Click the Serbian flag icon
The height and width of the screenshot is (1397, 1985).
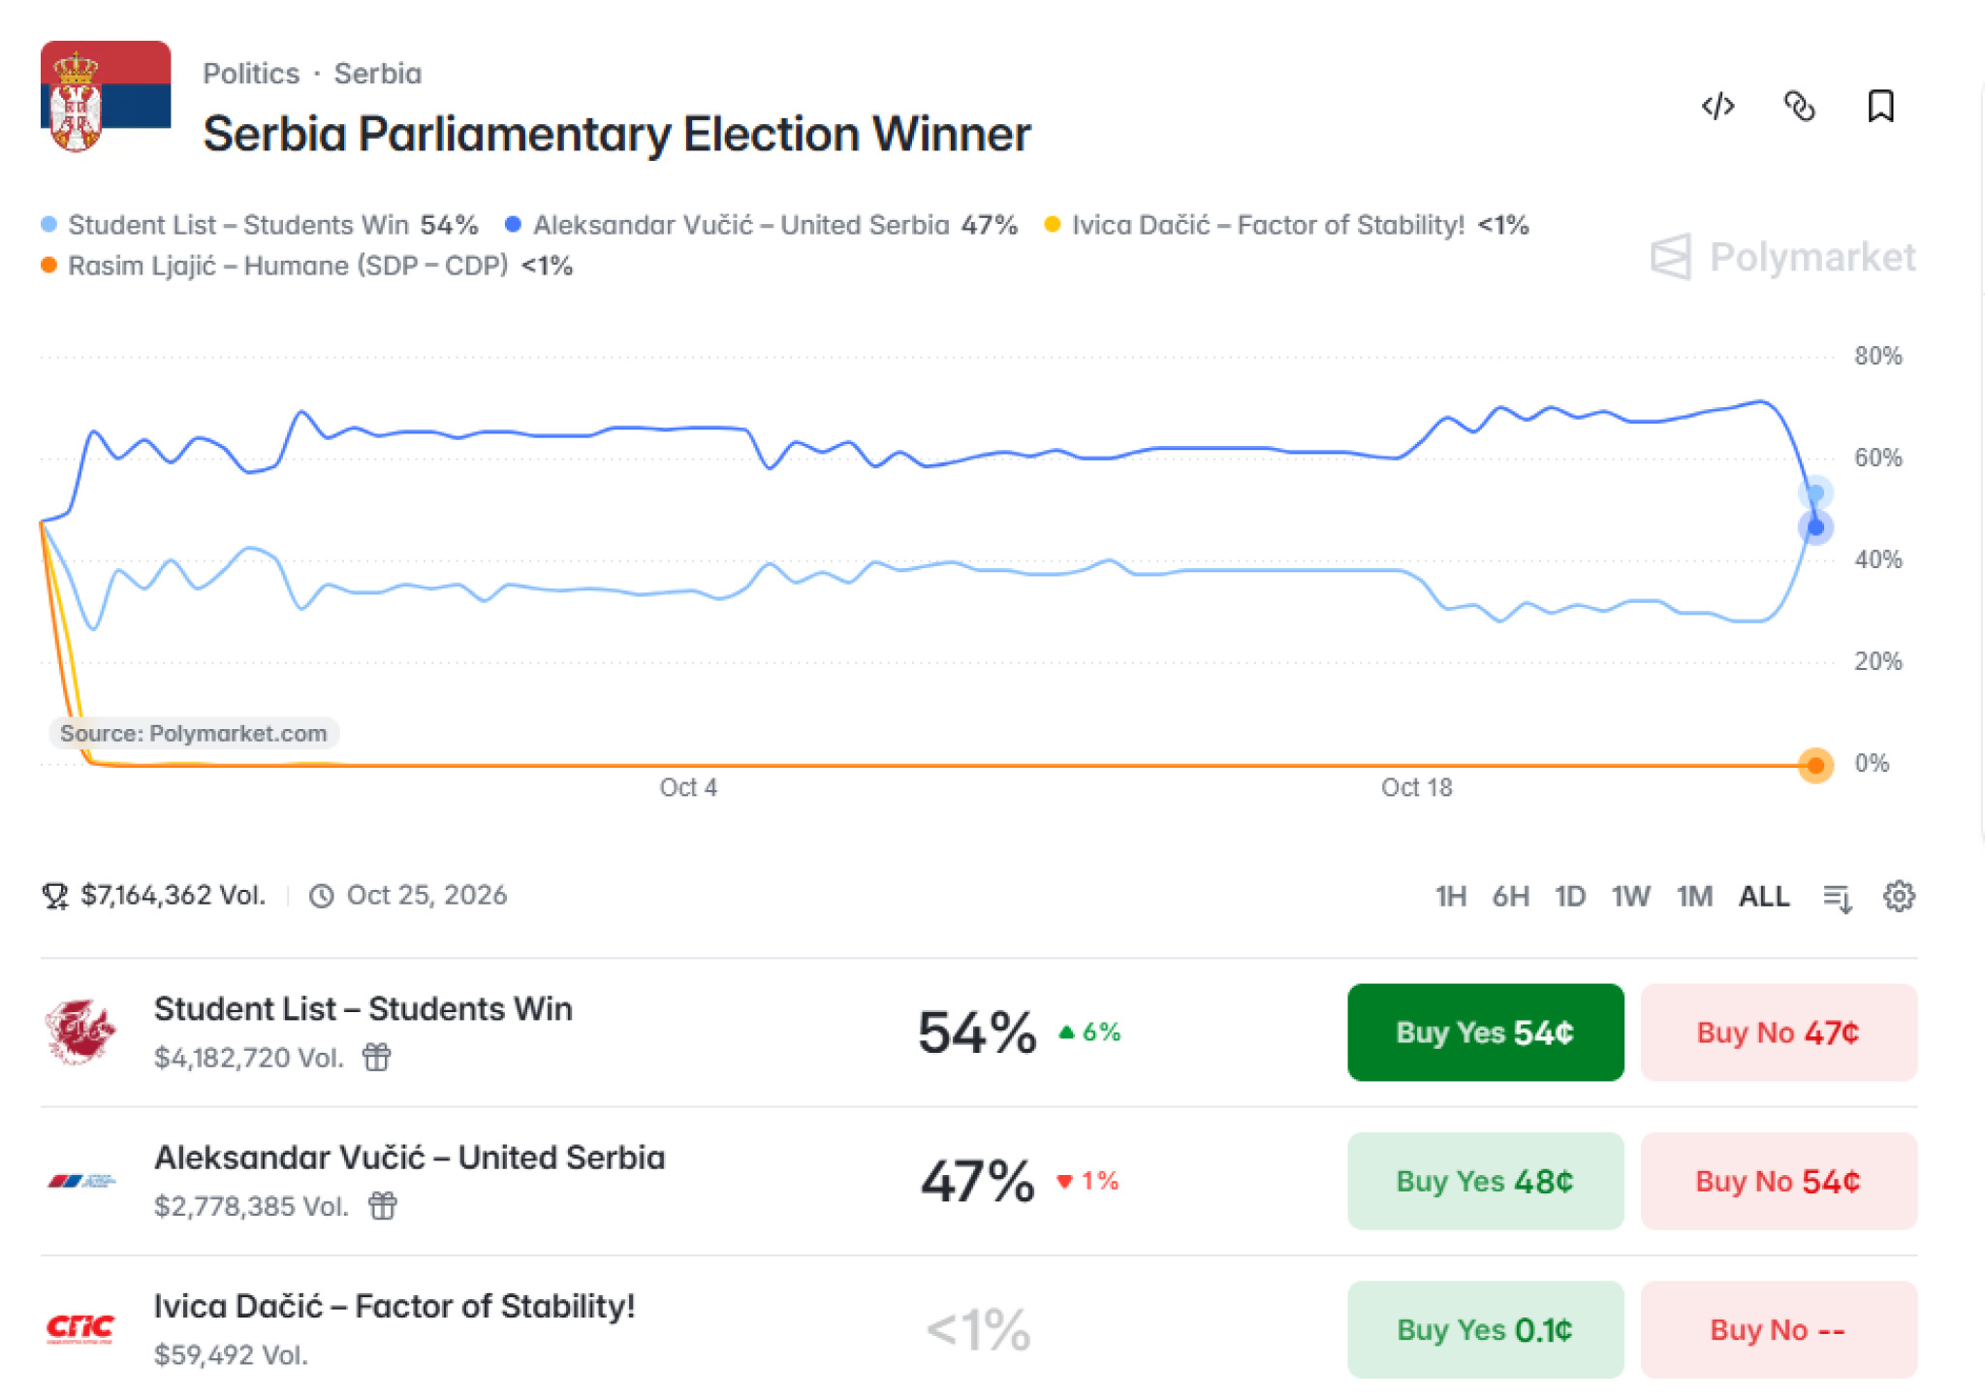click(106, 97)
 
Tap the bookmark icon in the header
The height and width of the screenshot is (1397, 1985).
click(1880, 106)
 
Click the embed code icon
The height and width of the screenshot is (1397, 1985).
click(1717, 106)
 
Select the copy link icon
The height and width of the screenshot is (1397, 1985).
click(1799, 106)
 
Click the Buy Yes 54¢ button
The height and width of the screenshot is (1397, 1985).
click(1485, 1032)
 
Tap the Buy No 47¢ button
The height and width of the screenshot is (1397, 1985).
click(1779, 1032)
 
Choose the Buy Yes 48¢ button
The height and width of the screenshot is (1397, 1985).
click(1485, 1181)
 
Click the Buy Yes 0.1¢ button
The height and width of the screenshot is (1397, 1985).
click(1485, 1329)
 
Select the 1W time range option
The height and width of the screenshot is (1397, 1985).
click(1630, 896)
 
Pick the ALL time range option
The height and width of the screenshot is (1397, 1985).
click(1764, 896)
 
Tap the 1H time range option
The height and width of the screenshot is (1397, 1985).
click(1450, 896)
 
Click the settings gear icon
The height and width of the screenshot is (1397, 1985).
click(1899, 896)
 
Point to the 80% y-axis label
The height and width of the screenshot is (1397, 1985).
click(1878, 356)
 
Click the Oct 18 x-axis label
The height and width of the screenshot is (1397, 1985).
click(1416, 787)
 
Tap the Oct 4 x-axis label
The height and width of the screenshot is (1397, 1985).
click(688, 787)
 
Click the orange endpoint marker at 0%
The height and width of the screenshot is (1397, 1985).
click(1815, 765)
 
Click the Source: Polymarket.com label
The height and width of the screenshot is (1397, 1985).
click(194, 733)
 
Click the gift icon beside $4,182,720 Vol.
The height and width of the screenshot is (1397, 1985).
click(376, 1057)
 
